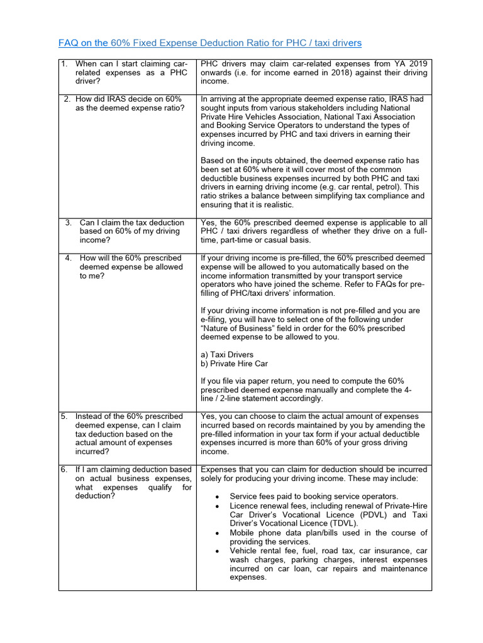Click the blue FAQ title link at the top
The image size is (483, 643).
point(210,43)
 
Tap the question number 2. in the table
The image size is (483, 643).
point(67,99)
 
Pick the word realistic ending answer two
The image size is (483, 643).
point(272,205)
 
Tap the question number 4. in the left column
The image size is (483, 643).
point(68,258)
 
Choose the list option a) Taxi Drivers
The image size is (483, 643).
point(227,355)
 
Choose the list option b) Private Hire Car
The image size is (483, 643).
point(234,364)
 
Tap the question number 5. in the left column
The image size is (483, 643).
point(64,416)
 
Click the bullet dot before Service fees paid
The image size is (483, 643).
point(217,497)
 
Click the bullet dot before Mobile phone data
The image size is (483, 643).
point(217,533)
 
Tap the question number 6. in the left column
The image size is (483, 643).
point(64,470)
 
